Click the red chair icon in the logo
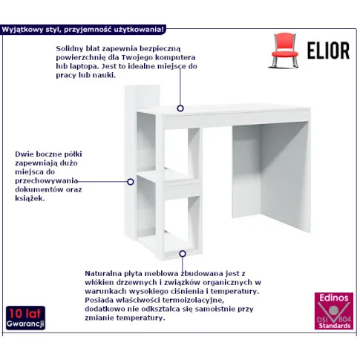click(x=284, y=50)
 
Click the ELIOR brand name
click(x=328, y=50)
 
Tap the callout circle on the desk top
click(x=180, y=108)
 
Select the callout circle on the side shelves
click(x=131, y=182)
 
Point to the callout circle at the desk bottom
click(x=183, y=254)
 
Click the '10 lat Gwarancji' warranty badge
click(x=25, y=318)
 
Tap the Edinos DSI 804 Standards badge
click(x=334, y=311)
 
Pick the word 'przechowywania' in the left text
click(x=47, y=181)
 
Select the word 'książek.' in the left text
click(x=30, y=198)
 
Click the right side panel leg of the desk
click(x=284, y=177)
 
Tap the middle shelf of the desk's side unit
click(x=169, y=184)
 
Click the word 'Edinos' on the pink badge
click(x=334, y=298)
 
